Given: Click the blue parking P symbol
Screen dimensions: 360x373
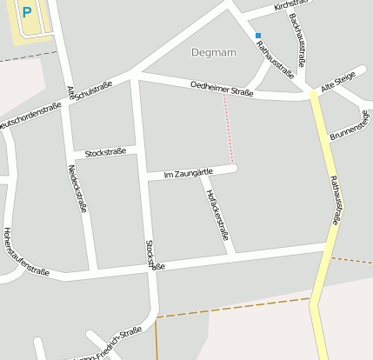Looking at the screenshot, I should pos(27,12).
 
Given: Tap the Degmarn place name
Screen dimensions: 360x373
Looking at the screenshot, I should pos(213,52).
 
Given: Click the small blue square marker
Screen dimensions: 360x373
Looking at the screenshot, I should pos(258,36).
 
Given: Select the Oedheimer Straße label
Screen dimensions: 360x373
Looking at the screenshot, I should pos(222,89).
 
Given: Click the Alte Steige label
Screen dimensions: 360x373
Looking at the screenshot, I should pos(338,82).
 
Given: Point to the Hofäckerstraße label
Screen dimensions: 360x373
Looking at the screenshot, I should pos(219,214).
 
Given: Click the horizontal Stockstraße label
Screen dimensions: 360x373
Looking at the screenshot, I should pos(105,152).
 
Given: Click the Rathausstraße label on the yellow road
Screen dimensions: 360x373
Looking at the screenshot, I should pos(335,200).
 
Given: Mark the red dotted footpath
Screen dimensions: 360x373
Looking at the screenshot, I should pos(229,129).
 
